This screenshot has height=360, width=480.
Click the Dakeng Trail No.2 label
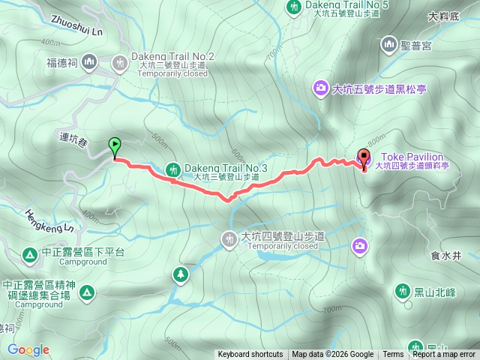(172, 57)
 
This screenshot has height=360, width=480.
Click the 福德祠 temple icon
(89, 61)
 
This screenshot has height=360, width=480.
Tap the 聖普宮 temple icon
(389, 46)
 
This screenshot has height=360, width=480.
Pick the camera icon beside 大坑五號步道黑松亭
(321, 89)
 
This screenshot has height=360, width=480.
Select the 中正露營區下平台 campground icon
(29, 256)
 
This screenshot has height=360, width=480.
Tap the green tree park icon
(181, 275)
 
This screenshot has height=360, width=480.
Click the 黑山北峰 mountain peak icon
(401, 291)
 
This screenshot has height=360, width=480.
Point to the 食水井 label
(445, 255)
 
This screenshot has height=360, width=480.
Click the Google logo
(28, 349)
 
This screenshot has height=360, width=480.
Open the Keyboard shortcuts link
(250, 355)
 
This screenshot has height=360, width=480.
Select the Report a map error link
(443, 355)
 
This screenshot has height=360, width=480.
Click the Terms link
(393, 355)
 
